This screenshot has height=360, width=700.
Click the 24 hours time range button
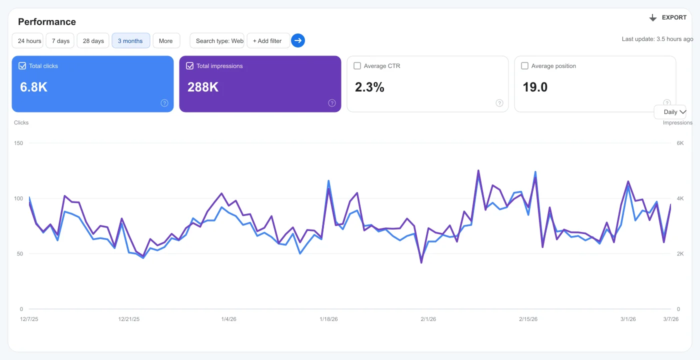[27, 41]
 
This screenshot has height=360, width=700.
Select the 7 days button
[60, 41]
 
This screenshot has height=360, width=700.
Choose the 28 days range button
[93, 41]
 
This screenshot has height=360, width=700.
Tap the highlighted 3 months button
[130, 41]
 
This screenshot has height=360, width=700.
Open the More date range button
[166, 41]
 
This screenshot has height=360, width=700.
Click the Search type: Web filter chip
[217, 41]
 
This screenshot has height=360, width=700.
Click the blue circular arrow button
[298, 40]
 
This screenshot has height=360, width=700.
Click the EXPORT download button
[668, 17]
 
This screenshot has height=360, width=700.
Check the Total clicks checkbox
[22, 66]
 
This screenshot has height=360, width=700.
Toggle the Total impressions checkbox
[189, 66]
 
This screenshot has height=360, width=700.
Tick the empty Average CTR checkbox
[357, 66]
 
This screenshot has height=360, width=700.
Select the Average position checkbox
[524, 66]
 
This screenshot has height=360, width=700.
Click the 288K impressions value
[203, 87]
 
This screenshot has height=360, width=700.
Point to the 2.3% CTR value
[369, 87]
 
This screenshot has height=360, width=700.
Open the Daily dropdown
[674, 112]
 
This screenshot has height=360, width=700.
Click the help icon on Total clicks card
[164, 103]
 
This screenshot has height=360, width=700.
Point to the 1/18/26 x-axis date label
[328, 319]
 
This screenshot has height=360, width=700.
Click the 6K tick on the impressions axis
[680, 143]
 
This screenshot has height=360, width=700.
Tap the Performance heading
[47, 22]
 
